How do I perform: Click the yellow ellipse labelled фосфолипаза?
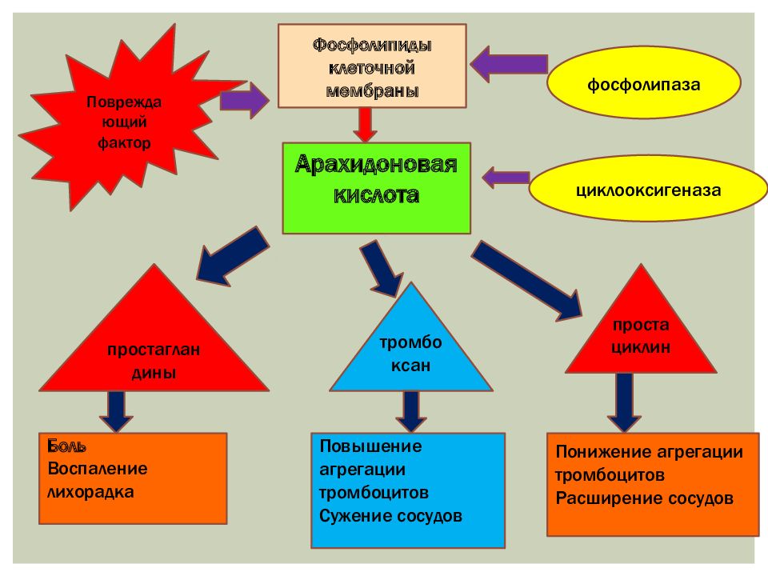(643, 82)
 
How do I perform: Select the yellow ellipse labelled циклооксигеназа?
(648, 189)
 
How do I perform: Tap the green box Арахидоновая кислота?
(376, 188)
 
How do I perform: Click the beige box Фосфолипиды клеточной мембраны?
(372, 66)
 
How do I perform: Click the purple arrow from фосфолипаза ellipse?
(509, 64)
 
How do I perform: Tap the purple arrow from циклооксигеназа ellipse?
(506, 178)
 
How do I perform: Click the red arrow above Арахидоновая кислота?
(365, 125)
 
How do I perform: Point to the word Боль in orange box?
(66, 446)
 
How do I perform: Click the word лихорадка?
(90, 492)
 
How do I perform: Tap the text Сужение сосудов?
(390, 516)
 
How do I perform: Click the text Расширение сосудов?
(645, 498)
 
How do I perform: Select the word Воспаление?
(98, 469)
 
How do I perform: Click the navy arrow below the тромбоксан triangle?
(411, 412)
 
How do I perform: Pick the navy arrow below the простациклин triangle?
(625, 402)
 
